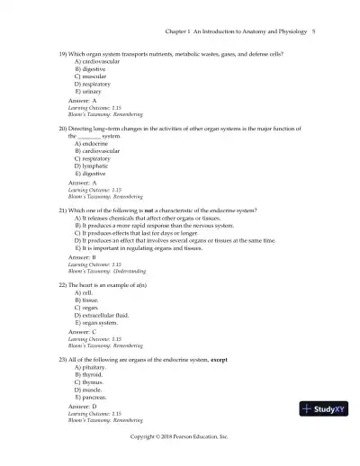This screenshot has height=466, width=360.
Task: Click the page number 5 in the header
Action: pyautogui.click(x=312, y=31)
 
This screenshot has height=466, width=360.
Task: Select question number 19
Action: pyautogui.click(x=63, y=54)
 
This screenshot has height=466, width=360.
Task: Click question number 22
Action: pyautogui.click(x=63, y=284)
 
